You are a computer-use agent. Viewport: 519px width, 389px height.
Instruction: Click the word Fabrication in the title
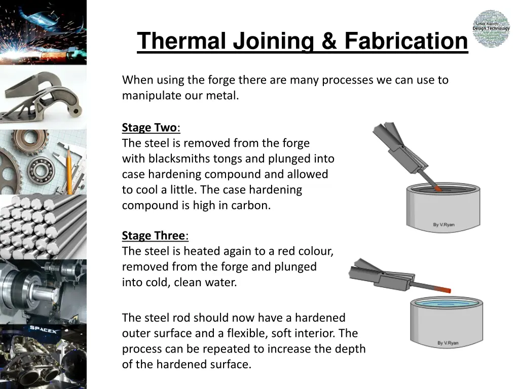click(406, 41)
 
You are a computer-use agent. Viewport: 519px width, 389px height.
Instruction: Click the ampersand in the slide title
click(328, 41)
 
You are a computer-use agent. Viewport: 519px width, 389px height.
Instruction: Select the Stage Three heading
click(155, 236)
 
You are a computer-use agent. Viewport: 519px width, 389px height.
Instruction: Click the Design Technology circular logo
click(491, 28)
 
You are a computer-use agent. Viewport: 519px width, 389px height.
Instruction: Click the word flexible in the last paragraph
click(247, 333)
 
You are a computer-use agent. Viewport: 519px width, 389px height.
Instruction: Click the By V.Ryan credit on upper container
click(443, 224)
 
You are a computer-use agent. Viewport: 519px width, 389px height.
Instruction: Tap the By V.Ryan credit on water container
click(448, 343)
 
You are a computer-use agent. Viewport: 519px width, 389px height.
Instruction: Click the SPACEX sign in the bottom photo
click(43, 329)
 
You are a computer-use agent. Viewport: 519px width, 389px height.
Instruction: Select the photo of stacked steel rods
click(43, 227)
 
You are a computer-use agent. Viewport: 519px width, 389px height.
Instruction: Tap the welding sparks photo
click(43, 32)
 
